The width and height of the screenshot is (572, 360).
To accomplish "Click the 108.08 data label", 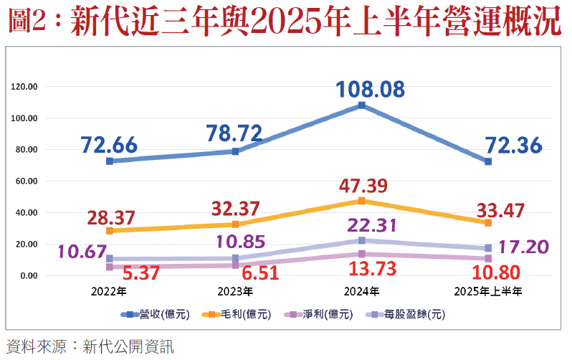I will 371,90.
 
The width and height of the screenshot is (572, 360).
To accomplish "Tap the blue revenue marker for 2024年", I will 362,105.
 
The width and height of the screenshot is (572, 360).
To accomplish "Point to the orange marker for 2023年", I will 236,224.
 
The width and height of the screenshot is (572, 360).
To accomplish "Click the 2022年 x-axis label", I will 109,292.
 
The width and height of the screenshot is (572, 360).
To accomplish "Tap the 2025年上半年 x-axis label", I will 488,292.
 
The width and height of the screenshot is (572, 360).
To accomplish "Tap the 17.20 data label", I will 525,247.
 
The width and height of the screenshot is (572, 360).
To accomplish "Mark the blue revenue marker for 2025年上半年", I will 488,161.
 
